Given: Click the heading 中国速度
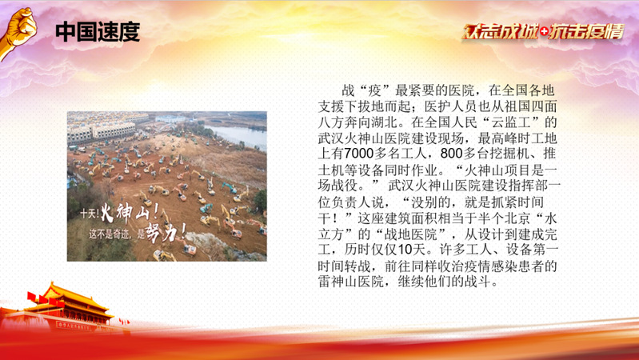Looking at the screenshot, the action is pyautogui.click(x=98, y=32).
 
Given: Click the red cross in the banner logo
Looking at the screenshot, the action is pyautogui.click(x=544, y=32).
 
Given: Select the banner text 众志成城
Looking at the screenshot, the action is pyautogui.click(x=501, y=32).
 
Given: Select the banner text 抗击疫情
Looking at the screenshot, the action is pyautogui.click(x=586, y=32).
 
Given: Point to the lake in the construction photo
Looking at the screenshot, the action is pyautogui.click(x=238, y=135).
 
